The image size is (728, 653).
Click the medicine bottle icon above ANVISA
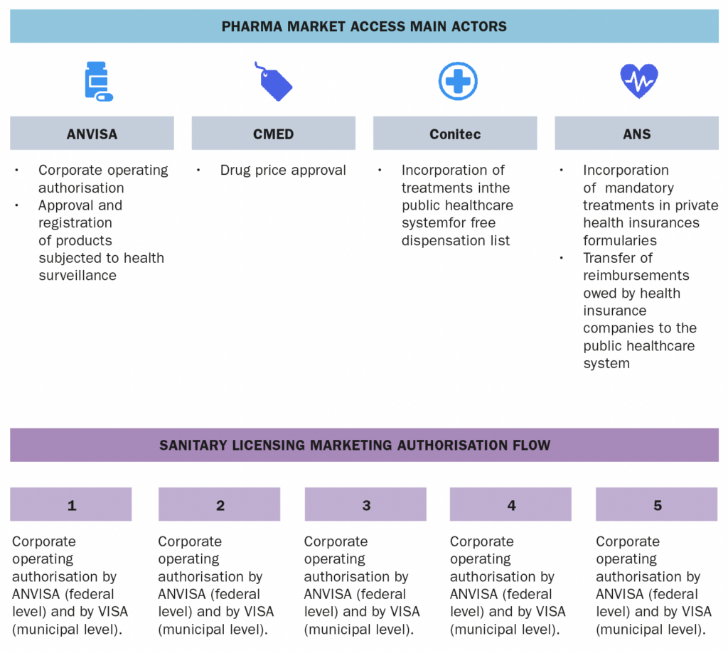[x=99, y=81]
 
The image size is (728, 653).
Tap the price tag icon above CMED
[x=274, y=81]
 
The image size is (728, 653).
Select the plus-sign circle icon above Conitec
[x=458, y=81]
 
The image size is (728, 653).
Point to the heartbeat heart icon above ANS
[x=639, y=81]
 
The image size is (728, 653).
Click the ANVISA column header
[x=92, y=133]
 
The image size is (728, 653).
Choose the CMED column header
[x=274, y=133]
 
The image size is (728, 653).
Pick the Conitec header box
[x=455, y=133]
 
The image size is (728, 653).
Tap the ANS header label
[x=636, y=134]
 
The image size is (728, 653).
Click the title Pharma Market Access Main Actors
[x=364, y=26]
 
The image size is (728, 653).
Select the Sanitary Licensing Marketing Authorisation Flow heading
[x=355, y=445]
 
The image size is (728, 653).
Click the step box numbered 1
[x=71, y=504]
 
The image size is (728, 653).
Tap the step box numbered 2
[x=219, y=504]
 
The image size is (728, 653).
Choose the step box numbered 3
[x=365, y=504]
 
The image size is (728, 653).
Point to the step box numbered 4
[x=510, y=504]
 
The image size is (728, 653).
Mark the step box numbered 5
[x=656, y=504]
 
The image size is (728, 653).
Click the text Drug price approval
[x=283, y=171]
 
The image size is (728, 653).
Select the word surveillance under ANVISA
[x=77, y=275]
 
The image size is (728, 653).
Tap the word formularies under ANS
[x=620, y=240]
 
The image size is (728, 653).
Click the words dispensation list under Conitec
[x=456, y=240]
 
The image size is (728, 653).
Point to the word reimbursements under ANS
[x=636, y=275]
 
